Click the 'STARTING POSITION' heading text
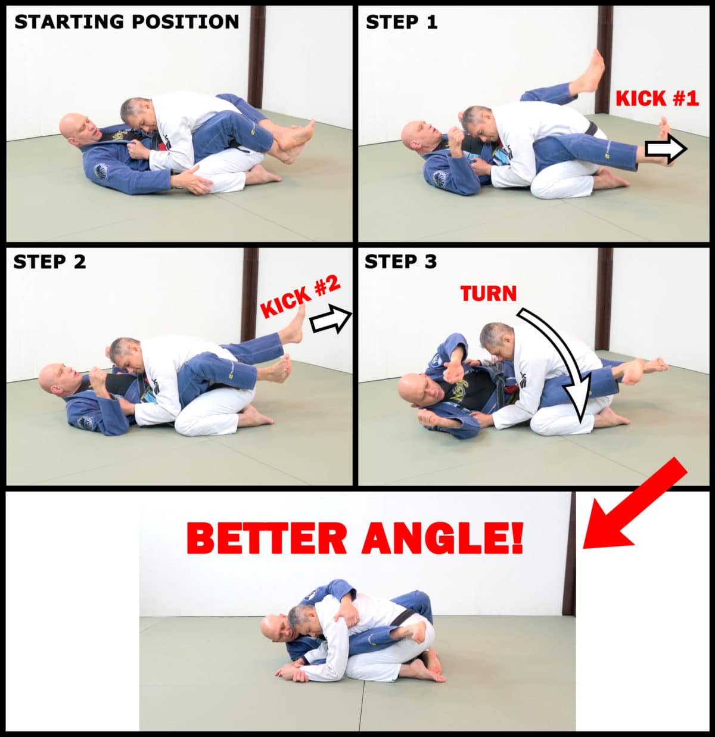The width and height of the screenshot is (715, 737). point(126,21)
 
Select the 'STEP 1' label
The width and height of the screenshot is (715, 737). point(402,22)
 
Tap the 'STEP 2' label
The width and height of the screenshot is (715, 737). point(49,262)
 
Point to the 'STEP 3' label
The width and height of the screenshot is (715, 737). point(400,262)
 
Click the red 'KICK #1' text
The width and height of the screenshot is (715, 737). point(657,98)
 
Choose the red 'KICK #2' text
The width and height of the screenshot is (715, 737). point(301,297)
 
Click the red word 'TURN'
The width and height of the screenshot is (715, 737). point(489,294)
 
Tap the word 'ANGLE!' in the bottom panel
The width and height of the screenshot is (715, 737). point(443,539)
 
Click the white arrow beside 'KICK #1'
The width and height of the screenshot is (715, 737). point(666,149)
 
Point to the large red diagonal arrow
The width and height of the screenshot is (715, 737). point(635,503)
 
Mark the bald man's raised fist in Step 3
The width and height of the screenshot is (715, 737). point(453,372)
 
